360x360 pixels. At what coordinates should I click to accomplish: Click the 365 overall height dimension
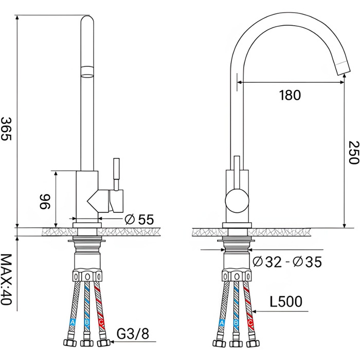[6, 129]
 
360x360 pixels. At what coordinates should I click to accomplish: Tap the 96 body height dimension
[45, 202]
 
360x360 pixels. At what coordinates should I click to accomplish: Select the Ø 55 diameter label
[139, 220]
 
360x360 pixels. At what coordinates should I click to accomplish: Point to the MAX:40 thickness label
[6, 279]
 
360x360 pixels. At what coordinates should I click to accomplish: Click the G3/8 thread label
[133, 334]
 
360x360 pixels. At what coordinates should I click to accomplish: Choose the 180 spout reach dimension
[290, 95]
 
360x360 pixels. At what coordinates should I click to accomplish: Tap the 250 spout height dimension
[354, 152]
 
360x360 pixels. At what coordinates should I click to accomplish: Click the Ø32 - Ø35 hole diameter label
[287, 262]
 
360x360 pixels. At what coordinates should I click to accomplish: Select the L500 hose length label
[286, 301]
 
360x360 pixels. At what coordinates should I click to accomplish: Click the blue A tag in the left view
[73, 322]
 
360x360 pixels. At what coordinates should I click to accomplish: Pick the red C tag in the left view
[101, 322]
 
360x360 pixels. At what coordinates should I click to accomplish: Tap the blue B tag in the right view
[236, 322]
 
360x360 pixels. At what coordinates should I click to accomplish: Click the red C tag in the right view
[250, 322]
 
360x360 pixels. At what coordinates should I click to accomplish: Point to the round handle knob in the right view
[237, 201]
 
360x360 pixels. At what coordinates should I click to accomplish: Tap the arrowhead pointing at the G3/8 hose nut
[112, 341]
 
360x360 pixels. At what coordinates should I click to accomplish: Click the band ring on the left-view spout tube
[87, 71]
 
